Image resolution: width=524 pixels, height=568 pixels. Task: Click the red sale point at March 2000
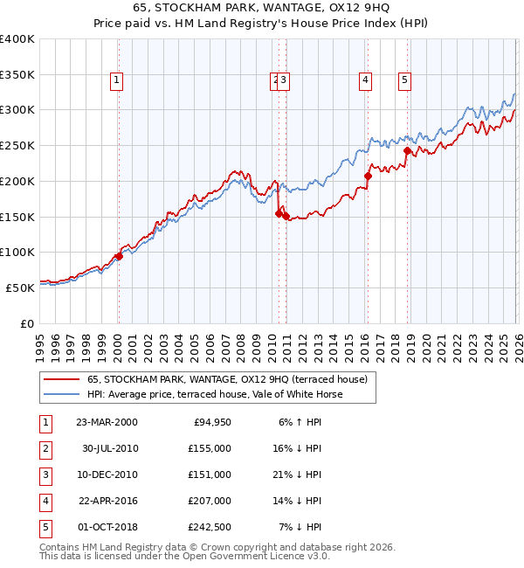(120, 256)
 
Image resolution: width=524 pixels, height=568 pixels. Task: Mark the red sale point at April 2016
(368, 176)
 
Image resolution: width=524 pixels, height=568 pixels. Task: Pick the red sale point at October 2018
(407, 150)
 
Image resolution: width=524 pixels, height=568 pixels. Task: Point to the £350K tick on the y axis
(17, 74)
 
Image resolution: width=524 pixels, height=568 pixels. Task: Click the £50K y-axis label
(21, 287)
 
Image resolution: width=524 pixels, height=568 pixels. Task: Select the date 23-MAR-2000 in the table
(107, 422)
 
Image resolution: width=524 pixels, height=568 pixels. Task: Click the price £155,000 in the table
(210, 448)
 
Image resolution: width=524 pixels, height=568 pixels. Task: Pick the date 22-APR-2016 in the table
(107, 501)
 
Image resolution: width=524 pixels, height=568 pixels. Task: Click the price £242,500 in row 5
(210, 527)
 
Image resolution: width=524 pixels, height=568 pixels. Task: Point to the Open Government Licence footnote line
(185, 556)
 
